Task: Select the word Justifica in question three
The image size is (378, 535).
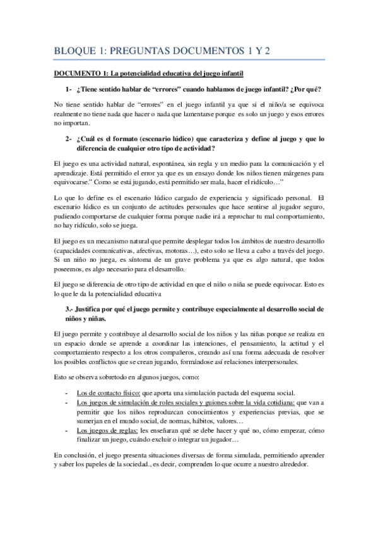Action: pos(95,309)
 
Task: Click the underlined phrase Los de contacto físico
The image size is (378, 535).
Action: pos(104,392)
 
